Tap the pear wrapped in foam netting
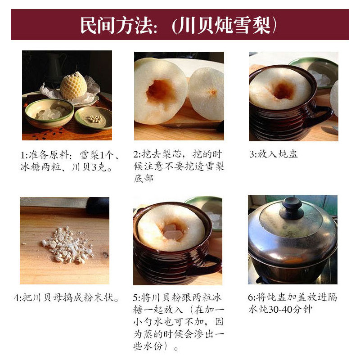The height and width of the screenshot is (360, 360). click(73, 86)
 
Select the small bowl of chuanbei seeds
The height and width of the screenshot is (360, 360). click(94, 118)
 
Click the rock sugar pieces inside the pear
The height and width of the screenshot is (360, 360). click(173, 232)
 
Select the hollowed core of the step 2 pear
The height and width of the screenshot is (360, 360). click(160, 90)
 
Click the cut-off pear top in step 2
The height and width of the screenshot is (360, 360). click(206, 94)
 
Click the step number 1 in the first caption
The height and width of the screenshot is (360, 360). click(23, 155)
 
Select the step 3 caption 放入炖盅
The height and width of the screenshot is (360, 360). click(277, 154)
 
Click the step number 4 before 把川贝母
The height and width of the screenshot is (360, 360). click(17, 298)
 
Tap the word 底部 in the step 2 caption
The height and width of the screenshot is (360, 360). click(144, 178)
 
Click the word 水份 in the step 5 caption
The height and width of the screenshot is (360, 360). click(153, 346)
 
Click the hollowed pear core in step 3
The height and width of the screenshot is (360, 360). click(283, 90)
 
